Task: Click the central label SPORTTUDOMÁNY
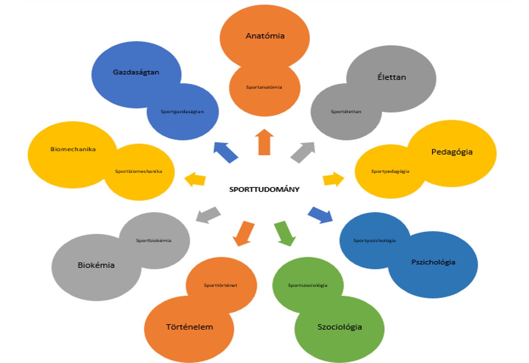point(264,189)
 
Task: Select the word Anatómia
point(265,36)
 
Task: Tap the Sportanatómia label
point(264,87)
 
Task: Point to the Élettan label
point(392,77)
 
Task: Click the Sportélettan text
point(346,112)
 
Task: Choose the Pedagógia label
point(452,152)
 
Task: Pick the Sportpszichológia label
point(374,240)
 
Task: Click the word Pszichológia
point(433,262)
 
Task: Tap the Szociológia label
point(339,327)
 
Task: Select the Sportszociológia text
point(308,285)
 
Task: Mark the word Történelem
point(190,327)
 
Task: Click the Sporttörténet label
point(220,285)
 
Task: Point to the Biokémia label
point(96,265)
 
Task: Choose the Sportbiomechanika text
point(139,171)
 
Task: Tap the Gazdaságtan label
point(136,72)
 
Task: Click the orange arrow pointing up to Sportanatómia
point(264,142)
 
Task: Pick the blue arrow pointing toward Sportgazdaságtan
point(226,152)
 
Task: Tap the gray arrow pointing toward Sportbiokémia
point(208,215)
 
